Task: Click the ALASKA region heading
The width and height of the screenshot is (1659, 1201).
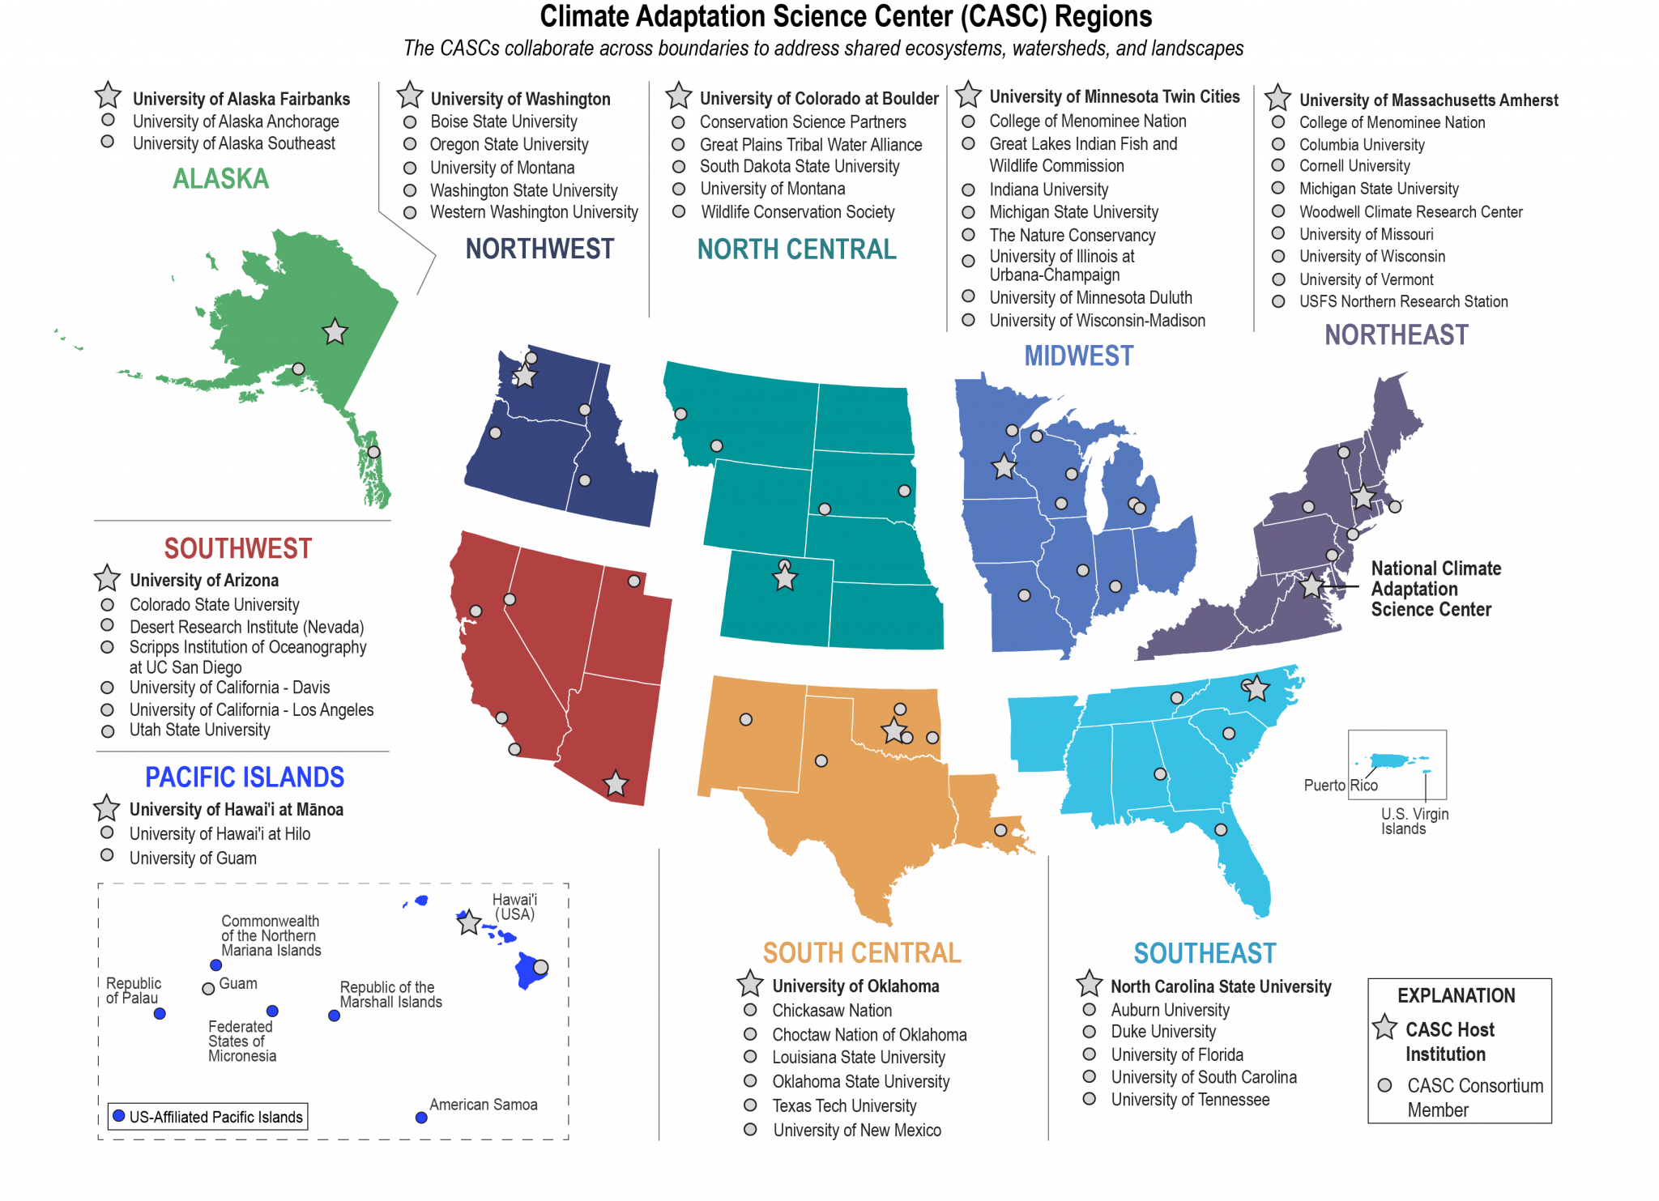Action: click(x=220, y=179)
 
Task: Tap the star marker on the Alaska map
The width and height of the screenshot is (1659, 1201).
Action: click(x=335, y=331)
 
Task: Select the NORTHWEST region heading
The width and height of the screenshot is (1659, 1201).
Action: click(x=539, y=249)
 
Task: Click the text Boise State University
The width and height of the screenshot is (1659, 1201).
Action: click(x=503, y=121)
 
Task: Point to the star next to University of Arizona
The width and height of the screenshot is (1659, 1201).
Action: click(x=107, y=579)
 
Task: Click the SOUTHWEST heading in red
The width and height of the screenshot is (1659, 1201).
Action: click(x=237, y=548)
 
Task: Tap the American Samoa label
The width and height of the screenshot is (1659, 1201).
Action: click(x=483, y=1105)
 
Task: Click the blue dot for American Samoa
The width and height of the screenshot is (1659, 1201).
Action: click(x=421, y=1118)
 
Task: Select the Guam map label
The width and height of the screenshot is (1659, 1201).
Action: click(x=238, y=983)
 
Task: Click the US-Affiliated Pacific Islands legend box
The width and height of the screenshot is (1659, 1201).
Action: click(x=208, y=1117)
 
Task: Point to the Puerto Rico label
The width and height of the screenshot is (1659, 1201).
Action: click(x=1340, y=785)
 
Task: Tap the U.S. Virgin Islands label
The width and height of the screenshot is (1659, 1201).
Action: click(x=1414, y=821)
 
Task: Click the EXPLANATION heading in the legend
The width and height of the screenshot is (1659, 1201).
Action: click(x=1456, y=995)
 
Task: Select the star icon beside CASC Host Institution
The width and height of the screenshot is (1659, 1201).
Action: click(x=1385, y=1028)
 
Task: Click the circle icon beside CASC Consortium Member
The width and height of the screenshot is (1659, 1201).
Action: click(x=1385, y=1085)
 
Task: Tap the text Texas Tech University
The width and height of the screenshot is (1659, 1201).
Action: click(x=844, y=1105)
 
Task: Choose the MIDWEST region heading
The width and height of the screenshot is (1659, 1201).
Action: click(x=1078, y=356)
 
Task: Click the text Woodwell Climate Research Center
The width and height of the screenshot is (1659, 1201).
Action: click(x=1410, y=212)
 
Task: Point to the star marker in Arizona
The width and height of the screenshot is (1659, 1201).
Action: click(x=616, y=783)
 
